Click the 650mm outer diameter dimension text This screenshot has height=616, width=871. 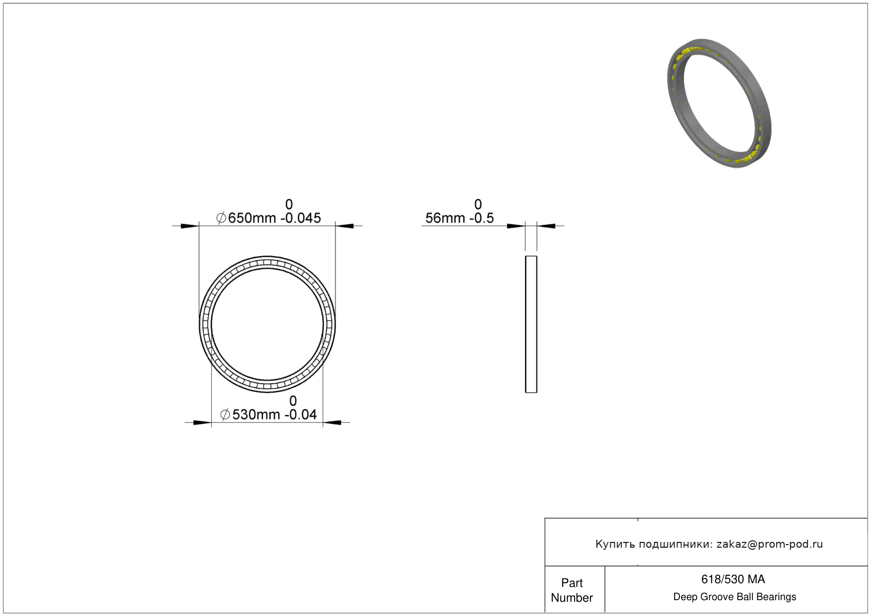click(251, 218)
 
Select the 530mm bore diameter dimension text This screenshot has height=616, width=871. click(256, 414)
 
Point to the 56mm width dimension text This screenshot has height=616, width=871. click(445, 218)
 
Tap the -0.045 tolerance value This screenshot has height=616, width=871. click(301, 218)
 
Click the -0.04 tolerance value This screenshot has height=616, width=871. click(301, 414)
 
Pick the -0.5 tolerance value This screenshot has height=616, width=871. click(482, 218)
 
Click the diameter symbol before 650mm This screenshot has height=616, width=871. click(221, 218)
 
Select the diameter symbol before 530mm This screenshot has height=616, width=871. click(225, 414)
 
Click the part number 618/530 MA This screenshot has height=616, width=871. click(733, 579)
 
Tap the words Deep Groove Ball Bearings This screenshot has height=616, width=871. click(734, 597)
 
